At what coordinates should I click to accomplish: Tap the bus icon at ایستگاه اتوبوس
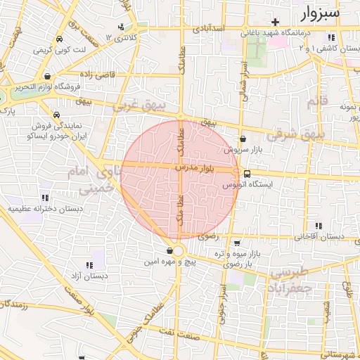pos(247,174)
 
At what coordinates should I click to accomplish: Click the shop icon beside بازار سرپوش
pos(243,139)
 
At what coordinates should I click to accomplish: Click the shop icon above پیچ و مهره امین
pos(170,250)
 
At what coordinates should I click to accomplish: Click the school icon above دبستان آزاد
pos(89,265)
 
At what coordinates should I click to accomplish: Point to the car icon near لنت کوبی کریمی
pos(58,39)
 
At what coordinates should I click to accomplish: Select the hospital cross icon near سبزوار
pos(276,22)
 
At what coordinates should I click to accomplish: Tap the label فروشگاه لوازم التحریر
pos(47,87)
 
